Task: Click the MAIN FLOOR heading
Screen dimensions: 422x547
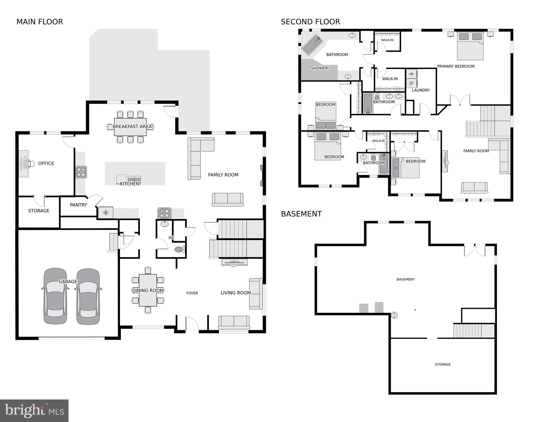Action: [x=40, y=22]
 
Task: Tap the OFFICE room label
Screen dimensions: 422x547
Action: [x=46, y=163]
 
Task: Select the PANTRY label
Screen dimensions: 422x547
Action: [x=78, y=205]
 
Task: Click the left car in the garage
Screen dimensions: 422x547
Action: [x=55, y=296]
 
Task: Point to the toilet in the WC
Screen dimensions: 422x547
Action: [x=179, y=249]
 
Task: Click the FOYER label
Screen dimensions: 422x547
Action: [x=192, y=293]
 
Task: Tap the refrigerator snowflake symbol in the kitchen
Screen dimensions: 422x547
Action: [x=105, y=213]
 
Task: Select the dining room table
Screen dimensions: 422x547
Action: [x=148, y=290]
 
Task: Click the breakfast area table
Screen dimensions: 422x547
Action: [x=130, y=127]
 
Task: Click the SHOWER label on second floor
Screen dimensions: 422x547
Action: [x=319, y=68]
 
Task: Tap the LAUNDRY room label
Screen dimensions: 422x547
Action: [x=421, y=90]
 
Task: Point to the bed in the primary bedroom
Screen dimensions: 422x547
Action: [x=470, y=46]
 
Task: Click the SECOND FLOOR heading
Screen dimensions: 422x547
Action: [x=310, y=22]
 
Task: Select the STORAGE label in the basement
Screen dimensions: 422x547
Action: [x=442, y=364]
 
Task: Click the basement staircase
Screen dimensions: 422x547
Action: [x=473, y=331]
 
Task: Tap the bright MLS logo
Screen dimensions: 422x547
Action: [x=34, y=410]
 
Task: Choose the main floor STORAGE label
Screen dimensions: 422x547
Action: [x=39, y=211]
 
